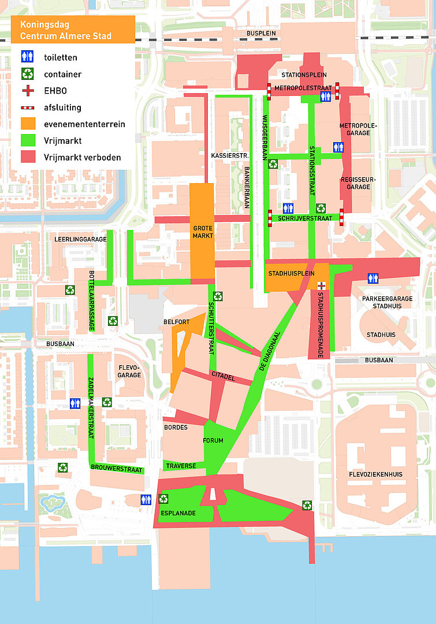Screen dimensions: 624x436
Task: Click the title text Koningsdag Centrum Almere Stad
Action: tap(66, 31)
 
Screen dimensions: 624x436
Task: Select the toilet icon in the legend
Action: tap(28, 57)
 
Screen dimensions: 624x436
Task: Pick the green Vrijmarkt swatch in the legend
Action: tap(28, 140)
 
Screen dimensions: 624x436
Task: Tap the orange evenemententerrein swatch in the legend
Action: tap(28, 124)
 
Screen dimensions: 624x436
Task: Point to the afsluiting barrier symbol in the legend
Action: tap(28, 107)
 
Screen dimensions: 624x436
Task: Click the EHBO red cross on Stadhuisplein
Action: tap(321, 285)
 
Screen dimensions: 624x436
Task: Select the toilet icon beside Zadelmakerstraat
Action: tap(75, 403)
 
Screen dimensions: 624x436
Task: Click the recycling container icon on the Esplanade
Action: tap(164, 499)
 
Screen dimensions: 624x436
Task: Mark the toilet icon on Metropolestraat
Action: tap(326, 96)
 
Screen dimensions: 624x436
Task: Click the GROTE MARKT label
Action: tap(203, 232)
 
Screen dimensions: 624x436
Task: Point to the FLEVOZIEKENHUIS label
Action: tap(375, 474)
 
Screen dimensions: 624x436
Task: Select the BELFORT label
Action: tap(176, 322)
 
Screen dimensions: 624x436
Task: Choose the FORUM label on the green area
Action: tap(213, 441)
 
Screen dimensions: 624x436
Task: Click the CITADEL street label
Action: tap(222, 376)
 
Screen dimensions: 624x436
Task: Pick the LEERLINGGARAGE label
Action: tap(81, 239)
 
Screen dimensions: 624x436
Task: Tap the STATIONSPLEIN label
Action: tap(304, 75)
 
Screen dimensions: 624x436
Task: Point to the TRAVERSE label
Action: tap(181, 466)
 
